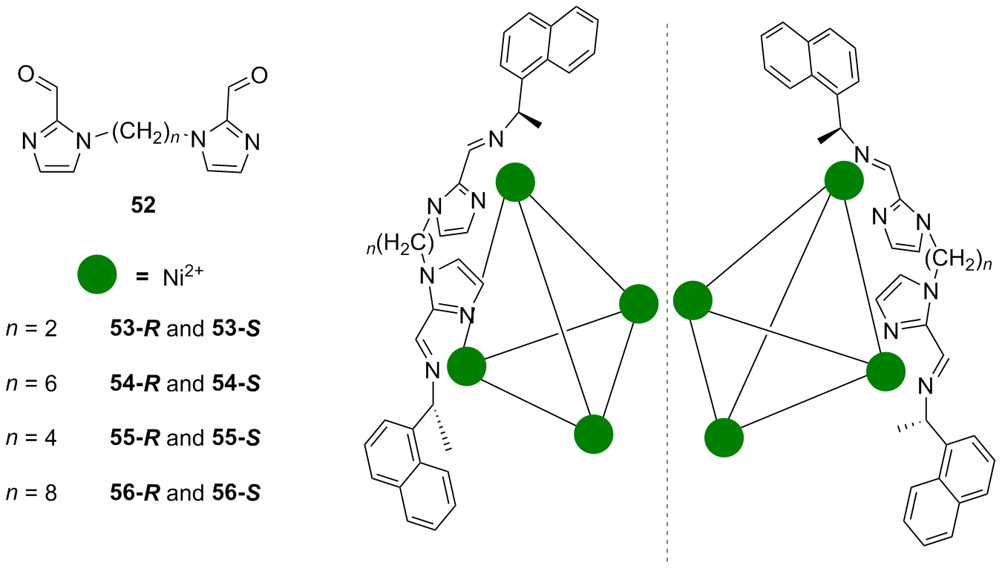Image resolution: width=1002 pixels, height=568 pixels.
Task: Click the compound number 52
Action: [x=143, y=205]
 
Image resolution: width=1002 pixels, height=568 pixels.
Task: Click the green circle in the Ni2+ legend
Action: [x=97, y=274]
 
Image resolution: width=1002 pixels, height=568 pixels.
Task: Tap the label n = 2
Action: [x=32, y=329]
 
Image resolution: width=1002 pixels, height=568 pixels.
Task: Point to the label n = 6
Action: [x=32, y=383]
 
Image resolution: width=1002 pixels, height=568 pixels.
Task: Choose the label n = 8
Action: [x=32, y=493]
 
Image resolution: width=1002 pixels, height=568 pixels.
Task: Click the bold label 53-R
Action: [x=135, y=329]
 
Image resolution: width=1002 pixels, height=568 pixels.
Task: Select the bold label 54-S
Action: [x=237, y=383]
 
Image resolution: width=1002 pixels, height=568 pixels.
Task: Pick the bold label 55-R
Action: [x=135, y=437]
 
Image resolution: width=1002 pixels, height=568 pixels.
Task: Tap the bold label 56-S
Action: [x=237, y=493]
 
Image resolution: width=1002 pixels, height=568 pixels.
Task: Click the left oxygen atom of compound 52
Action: [x=27, y=75]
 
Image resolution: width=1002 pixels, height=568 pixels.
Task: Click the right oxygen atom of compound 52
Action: [x=260, y=75]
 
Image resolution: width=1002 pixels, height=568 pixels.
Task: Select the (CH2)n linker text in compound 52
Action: [x=145, y=134]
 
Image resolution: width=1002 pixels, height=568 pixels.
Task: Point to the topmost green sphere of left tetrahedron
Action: [x=515, y=182]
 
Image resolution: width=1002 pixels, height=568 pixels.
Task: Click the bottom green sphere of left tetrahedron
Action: [x=594, y=435]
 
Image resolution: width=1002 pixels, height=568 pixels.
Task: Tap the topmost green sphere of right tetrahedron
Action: [x=844, y=180]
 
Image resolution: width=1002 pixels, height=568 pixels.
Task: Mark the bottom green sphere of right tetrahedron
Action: [x=724, y=437]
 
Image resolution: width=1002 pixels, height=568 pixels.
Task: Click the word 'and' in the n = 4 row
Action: [x=186, y=437]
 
